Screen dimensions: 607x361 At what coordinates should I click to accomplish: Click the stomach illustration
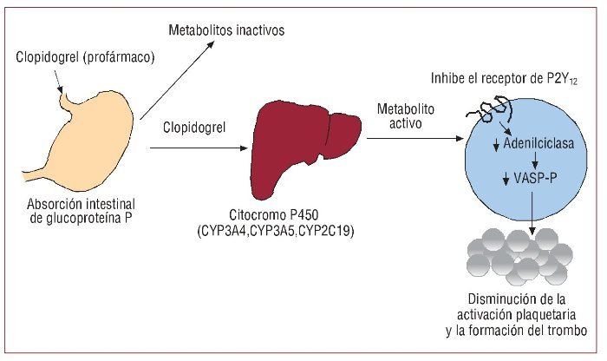click(x=85, y=143)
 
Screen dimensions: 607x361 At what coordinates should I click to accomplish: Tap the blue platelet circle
click(x=525, y=163)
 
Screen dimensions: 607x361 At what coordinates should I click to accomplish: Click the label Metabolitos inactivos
click(x=226, y=30)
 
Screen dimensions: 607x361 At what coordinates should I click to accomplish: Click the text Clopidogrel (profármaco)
click(x=85, y=57)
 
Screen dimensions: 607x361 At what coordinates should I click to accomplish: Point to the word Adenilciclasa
click(x=538, y=143)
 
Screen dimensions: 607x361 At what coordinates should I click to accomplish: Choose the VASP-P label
click(x=535, y=178)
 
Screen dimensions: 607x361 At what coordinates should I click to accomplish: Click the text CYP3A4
click(x=224, y=231)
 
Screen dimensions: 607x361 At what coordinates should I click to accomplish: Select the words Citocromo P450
click(x=274, y=214)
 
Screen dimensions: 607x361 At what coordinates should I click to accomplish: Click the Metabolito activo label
click(x=405, y=116)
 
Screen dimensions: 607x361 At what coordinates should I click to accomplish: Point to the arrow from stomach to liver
click(x=199, y=148)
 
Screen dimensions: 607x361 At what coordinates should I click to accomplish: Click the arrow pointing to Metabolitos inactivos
click(x=177, y=80)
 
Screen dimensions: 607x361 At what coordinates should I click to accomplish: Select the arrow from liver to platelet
click(x=415, y=138)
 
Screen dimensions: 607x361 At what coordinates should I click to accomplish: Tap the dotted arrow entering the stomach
click(x=58, y=81)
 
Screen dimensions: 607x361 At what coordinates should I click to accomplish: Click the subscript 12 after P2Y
click(x=573, y=82)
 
